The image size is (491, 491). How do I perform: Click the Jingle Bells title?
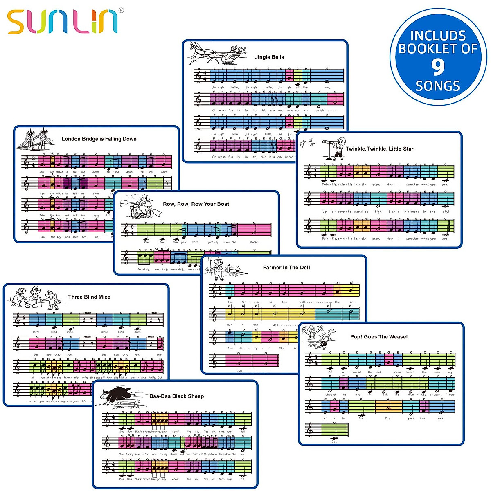[269, 57]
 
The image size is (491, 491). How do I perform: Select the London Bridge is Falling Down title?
[99, 139]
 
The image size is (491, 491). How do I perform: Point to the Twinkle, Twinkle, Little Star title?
[379, 149]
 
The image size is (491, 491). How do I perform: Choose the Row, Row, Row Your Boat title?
[196, 204]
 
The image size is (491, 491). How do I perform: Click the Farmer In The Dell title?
[286, 267]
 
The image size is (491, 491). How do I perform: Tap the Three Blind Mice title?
[89, 297]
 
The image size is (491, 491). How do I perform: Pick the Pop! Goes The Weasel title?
[379, 336]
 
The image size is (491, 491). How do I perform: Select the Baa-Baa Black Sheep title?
[176, 396]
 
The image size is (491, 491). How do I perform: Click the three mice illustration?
[35, 297]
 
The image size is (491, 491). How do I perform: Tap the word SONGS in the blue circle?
[438, 86]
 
